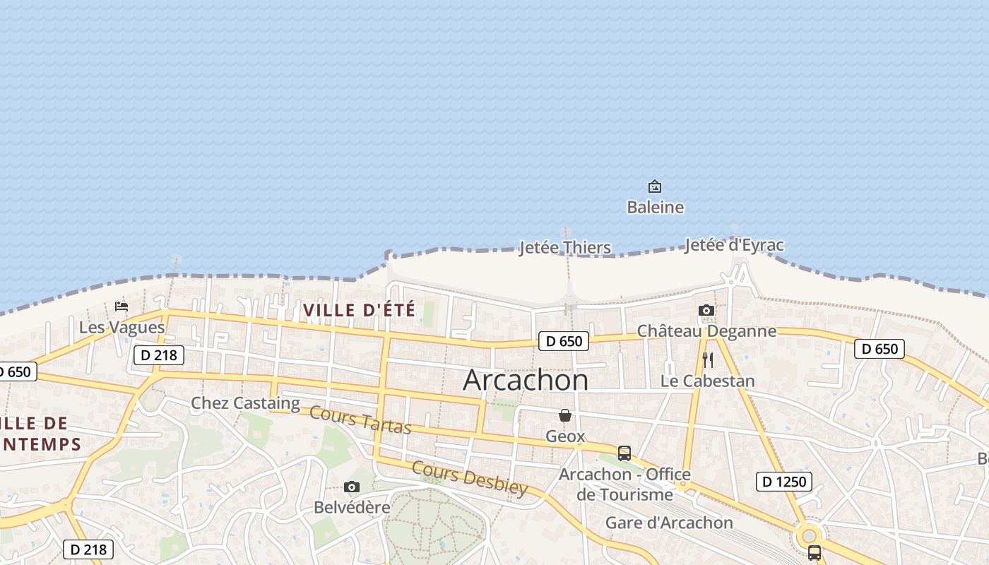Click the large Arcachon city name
526,380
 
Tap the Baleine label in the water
655,207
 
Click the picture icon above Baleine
655,187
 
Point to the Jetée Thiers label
565,247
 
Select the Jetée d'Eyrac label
734,245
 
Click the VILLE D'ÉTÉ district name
360,309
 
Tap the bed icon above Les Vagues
122,307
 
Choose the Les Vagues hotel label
122,327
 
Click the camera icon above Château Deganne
706,311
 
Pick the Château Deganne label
706,331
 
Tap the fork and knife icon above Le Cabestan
708,360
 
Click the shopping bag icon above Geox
565,415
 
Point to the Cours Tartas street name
360,420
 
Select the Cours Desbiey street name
470,478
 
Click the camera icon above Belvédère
351,487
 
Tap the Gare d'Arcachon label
669,523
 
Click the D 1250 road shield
783,482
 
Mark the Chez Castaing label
245,403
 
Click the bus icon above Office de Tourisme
624,453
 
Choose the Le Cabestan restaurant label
707,381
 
